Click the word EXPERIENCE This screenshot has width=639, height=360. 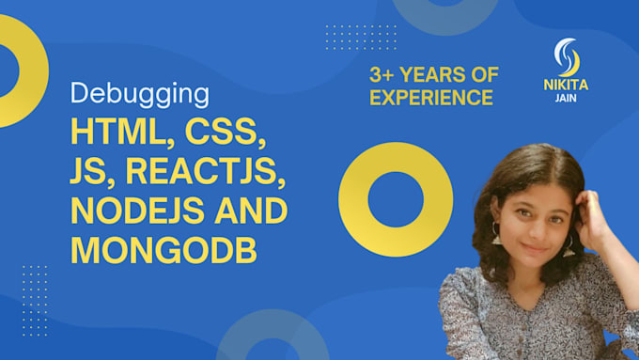click(430, 97)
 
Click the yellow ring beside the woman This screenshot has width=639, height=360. click(383, 199)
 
